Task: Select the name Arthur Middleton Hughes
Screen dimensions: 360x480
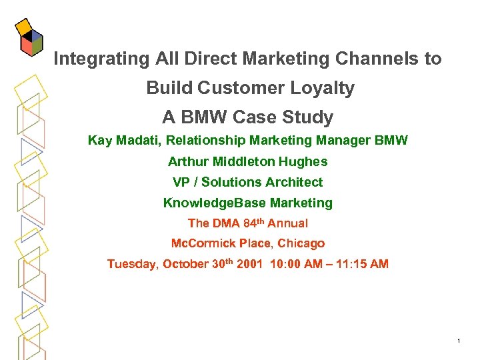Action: pos(247,161)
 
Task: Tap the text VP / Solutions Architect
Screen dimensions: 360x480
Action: pos(247,182)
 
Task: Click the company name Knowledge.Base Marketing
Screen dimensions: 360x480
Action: pos(247,203)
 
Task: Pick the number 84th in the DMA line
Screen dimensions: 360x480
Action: pos(255,223)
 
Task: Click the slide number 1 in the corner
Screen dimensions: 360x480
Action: pos(459,342)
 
